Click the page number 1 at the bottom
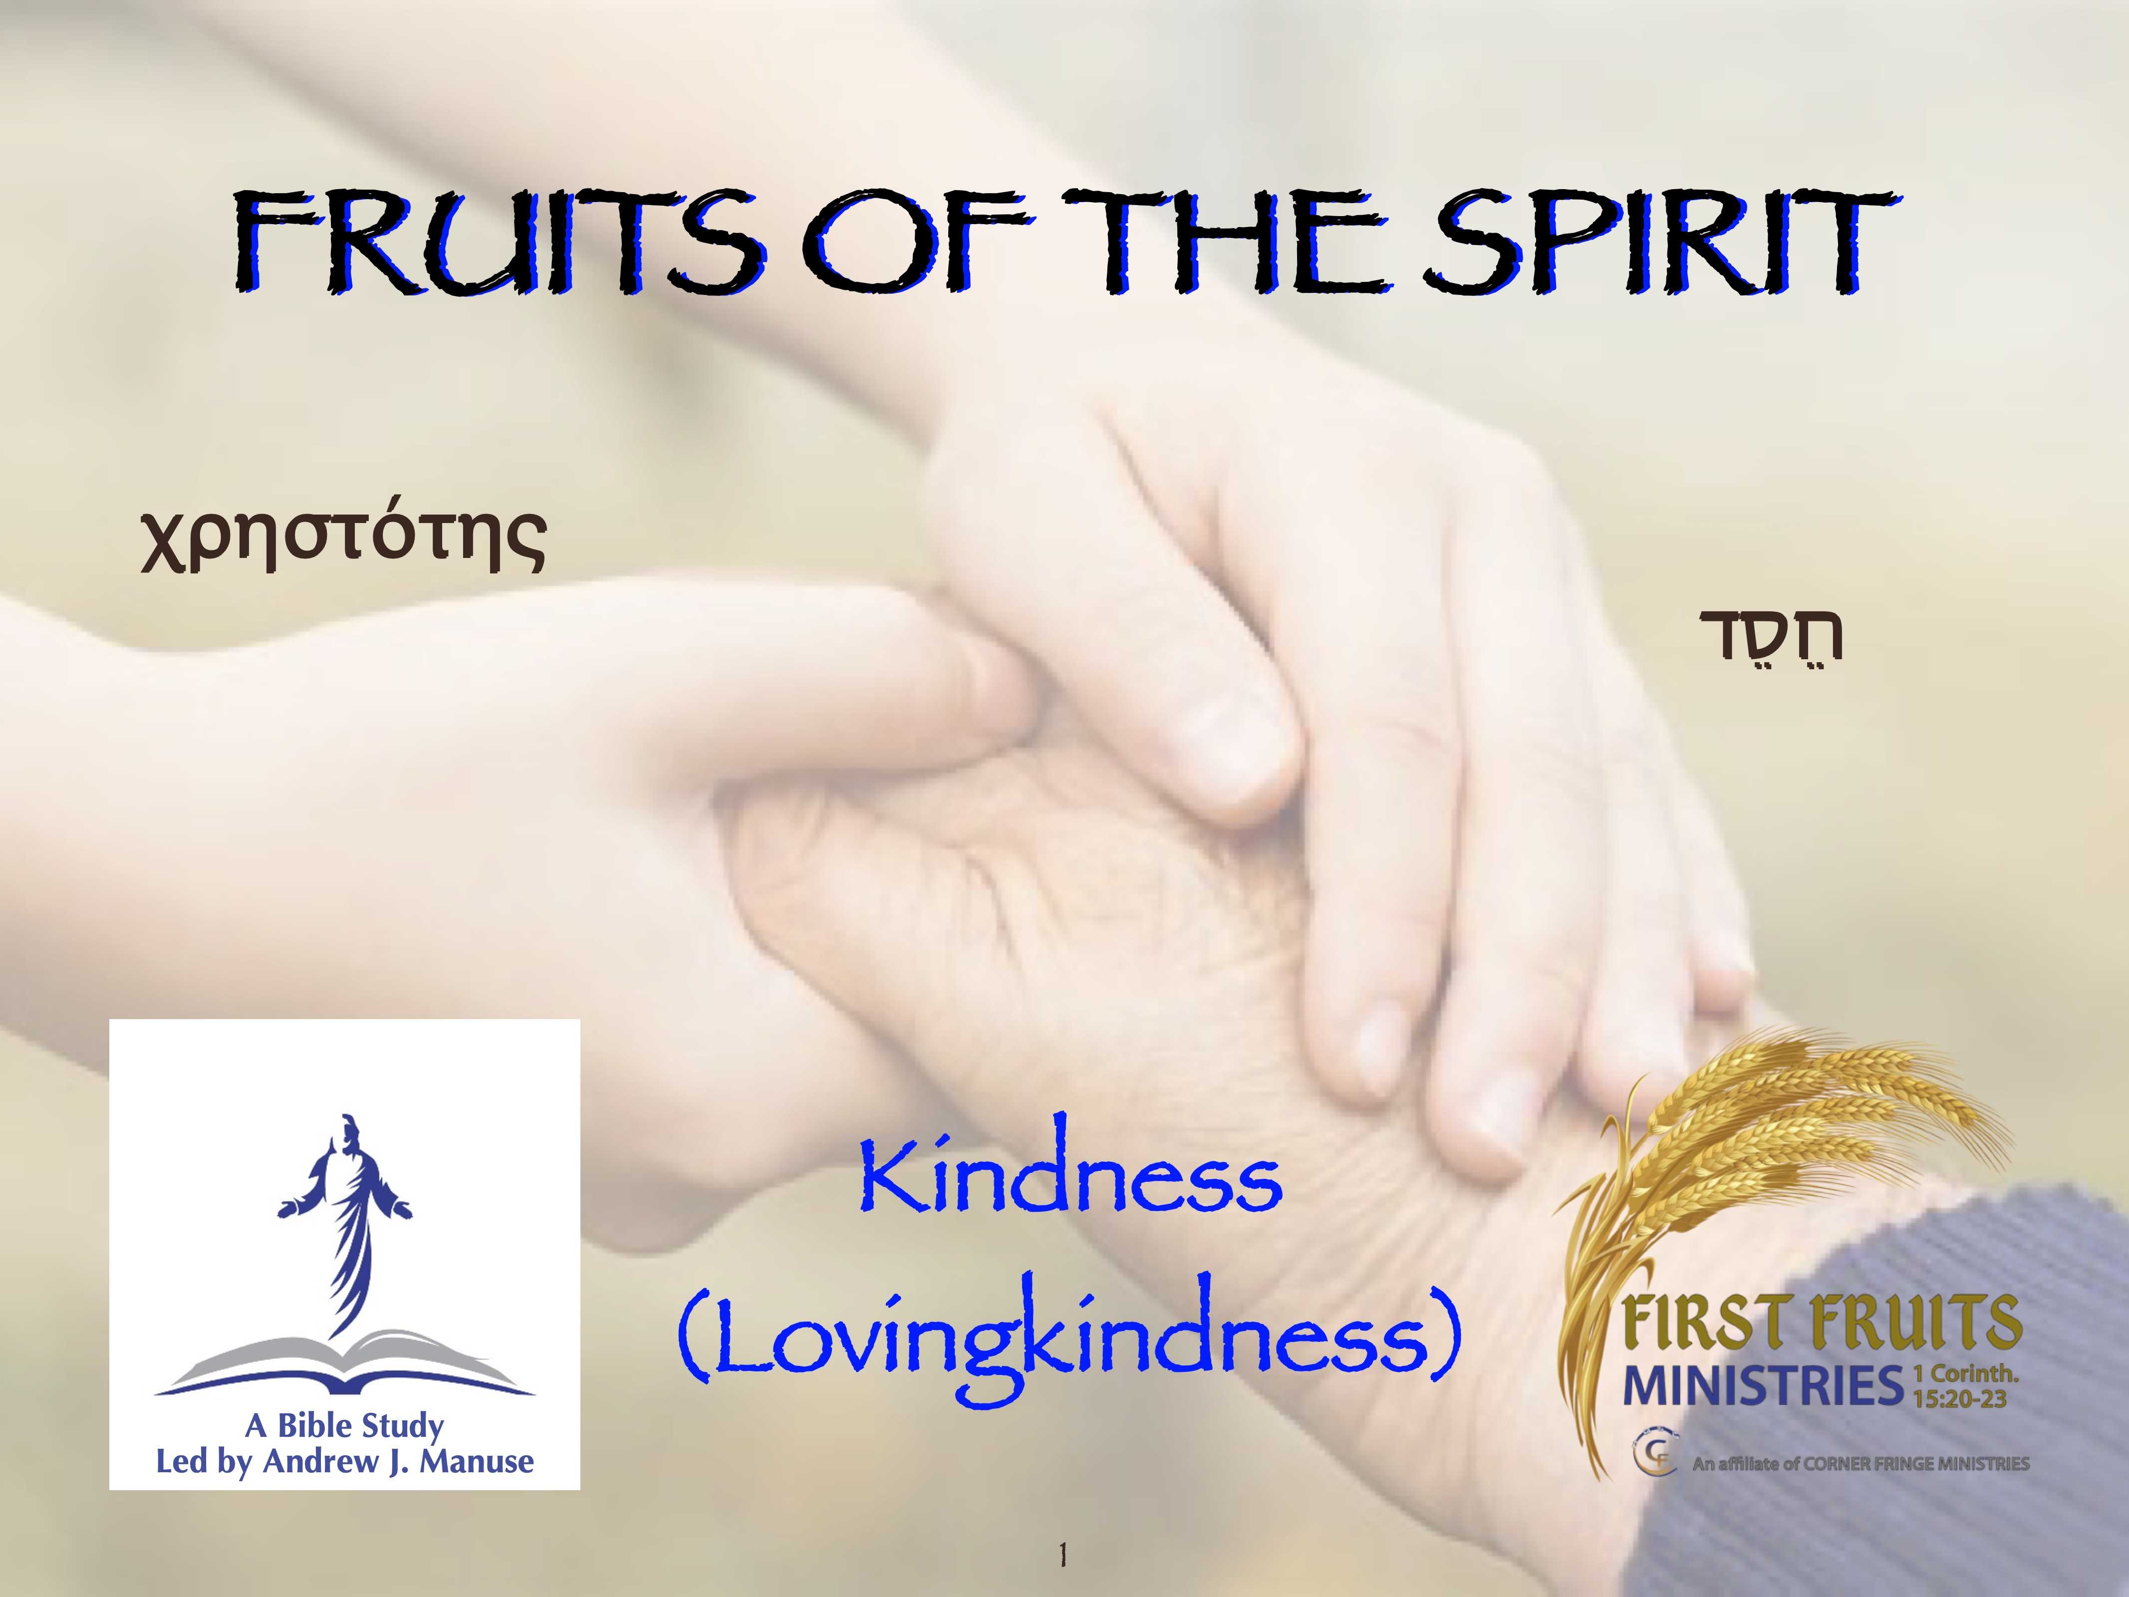tap(1063, 1555)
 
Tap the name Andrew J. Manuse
tap(398, 1461)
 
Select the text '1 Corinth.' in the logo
tap(1964, 1374)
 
